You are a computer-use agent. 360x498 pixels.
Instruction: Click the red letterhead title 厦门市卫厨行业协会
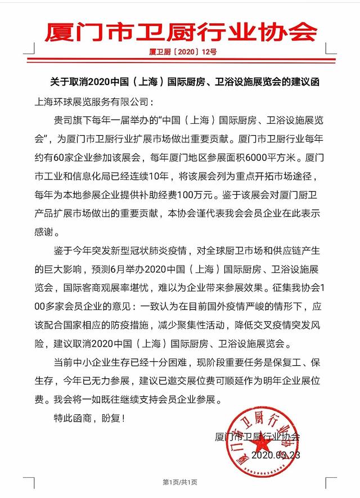(180, 31)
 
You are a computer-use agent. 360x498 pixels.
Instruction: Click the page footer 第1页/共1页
(179, 482)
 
